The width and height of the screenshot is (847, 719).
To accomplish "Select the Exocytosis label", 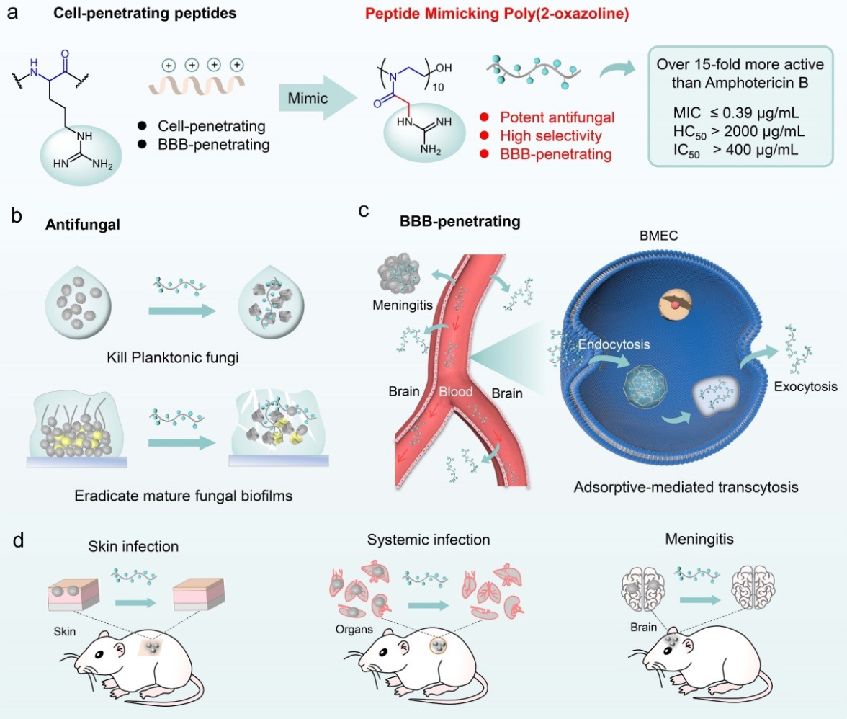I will [x=805, y=387].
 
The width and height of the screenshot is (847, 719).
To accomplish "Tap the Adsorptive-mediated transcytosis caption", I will [x=686, y=487].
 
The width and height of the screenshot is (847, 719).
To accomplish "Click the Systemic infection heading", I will [x=429, y=540].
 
